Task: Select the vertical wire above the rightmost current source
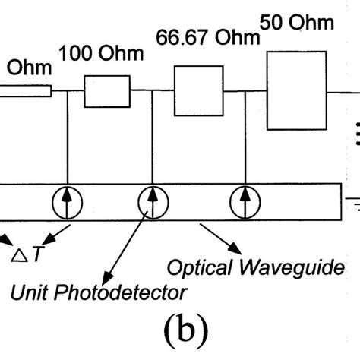pyautogui.click(x=245, y=137)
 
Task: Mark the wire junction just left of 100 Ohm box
pyautogui.click(x=68, y=92)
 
